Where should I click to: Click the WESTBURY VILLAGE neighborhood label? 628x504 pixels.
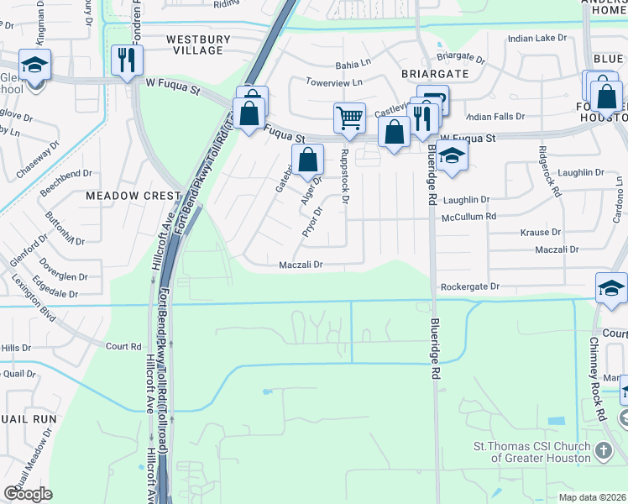195,45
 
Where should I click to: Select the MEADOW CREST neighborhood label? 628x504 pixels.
133,195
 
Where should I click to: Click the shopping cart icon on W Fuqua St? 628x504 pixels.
349,118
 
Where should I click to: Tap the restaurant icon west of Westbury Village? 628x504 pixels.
127,60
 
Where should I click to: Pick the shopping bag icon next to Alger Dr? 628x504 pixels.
308,159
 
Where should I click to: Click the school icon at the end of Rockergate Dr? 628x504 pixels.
611,288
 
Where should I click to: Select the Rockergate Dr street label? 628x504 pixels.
470,286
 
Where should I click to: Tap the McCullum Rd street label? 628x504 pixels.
469,216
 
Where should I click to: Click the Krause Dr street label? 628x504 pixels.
541,232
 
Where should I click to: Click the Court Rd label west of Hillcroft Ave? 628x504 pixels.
123,346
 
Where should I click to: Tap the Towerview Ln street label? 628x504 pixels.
333,82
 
